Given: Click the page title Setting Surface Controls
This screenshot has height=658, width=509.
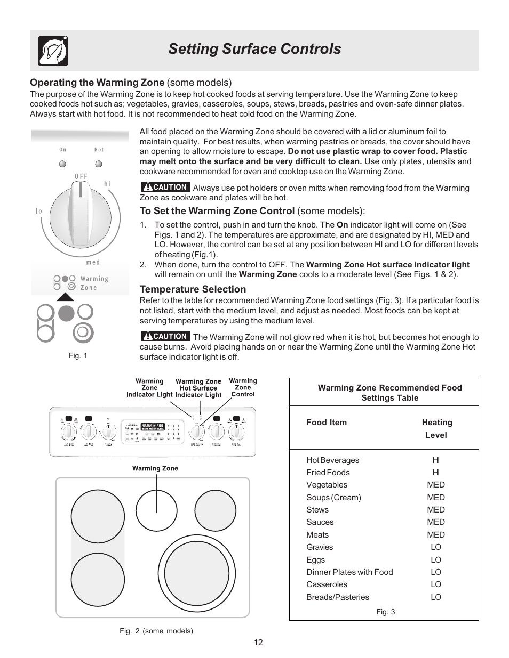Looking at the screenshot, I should pyautogui.click(x=254, y=49).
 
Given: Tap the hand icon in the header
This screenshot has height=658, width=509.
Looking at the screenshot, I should pyautogui.click(x=53, y=51).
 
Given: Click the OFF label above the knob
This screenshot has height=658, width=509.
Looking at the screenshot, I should pyautogui.click(x=81, y=176).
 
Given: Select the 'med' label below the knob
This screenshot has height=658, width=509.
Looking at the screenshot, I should pyautogui.click(x=93, y=262).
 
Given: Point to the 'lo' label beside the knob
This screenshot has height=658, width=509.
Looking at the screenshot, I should pyautogui.click(x=39, y=211).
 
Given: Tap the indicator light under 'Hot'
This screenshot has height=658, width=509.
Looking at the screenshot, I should pyautogui.click(x=99, y=164).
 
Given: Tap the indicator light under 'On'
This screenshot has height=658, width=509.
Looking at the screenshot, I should pyautogui.click(x=63, y=164).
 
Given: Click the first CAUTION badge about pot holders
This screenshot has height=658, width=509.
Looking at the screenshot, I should pyautogui.click(x=165, y=187).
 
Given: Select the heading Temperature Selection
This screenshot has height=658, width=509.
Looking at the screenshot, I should pyautogui.click(x=193, y=289).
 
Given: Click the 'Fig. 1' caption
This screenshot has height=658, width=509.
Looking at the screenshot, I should pyautogui.click(x=78, y=355).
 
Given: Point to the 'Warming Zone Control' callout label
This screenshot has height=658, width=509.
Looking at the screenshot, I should pyautogui.click(x=243, y=387).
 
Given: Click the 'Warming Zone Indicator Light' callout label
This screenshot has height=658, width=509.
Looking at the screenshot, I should pyautogui.click(x=149, y=388).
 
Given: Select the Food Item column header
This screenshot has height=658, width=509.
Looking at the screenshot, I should pyautogui.click(x=327, y=423).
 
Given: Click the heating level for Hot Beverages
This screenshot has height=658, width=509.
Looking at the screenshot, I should pyautogui.click(x=436, y=460).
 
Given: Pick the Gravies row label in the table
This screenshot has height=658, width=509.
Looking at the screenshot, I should pyautogui.click(x=320, y=547).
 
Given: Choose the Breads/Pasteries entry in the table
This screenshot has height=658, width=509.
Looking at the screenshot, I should pyautogui.click(x=338, y=597).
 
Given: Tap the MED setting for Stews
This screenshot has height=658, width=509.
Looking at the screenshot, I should pyautogui.click(x=436, y=510).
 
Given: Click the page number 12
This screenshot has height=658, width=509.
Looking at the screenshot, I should pyautogui.click(x=258, y=642).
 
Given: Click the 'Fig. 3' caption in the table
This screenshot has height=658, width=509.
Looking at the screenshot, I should pyautogui.click(x=386, y=612).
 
